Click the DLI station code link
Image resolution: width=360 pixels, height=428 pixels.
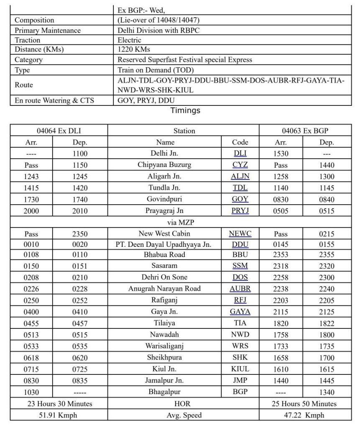[x=240, y=154]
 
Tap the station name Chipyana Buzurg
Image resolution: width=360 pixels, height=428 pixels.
[x=164, y=165]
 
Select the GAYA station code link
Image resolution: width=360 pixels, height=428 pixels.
[x=240, y=312]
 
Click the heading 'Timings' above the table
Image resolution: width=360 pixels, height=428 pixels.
[x=185, y=111]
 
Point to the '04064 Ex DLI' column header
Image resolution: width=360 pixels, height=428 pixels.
[x=59, y=131]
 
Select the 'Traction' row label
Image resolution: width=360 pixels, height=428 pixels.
[x=28, y=40]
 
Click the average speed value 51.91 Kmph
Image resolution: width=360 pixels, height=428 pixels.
[x=59, y=415]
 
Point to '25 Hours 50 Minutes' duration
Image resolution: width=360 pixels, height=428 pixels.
[x=304, y=404]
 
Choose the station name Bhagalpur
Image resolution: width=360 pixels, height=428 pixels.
[x=164, y=392]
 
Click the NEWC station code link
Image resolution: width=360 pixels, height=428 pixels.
[x=240, y=234]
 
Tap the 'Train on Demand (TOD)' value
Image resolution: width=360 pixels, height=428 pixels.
[x=156, y=69]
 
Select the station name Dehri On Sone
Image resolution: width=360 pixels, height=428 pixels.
[x=164, y=277]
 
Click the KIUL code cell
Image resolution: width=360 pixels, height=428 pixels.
[x=240, y=369]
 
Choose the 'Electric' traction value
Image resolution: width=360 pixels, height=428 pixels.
[x=130, y=40]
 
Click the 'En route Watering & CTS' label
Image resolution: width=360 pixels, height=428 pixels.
[x=54, y=100]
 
